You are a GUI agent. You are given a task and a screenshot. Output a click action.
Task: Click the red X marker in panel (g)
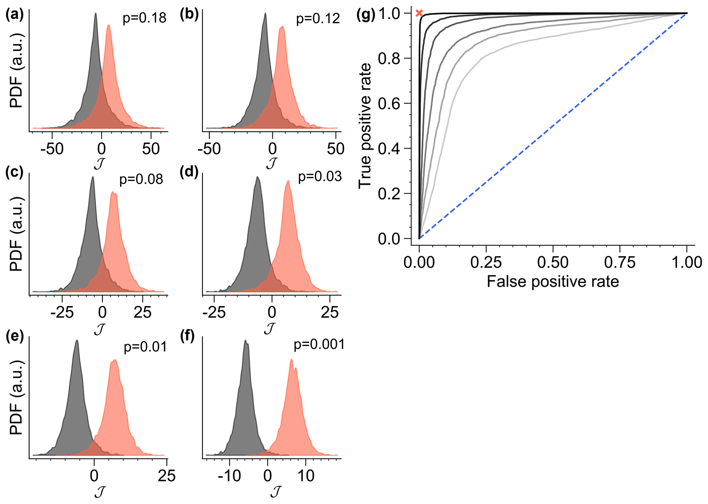[419, 13]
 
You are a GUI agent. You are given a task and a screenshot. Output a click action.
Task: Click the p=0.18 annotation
[145, 18]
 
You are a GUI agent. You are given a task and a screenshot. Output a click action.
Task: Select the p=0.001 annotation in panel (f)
[319, 344]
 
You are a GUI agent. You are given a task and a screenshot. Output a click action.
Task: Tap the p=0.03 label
[320, 177]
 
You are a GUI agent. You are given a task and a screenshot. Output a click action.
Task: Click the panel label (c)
[14, 172]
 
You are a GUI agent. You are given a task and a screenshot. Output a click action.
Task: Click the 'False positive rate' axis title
[552, 282]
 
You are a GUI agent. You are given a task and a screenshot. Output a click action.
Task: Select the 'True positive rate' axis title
[365, 125]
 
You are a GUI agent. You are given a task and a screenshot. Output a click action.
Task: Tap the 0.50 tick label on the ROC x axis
[552, 263]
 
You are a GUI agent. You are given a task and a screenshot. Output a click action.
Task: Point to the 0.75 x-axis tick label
[620, 263]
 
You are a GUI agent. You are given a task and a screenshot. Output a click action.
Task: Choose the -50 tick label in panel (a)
[52, 149]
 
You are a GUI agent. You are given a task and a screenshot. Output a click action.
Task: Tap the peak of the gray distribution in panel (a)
[96, 14]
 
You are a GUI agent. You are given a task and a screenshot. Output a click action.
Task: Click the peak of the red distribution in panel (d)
[288, 181]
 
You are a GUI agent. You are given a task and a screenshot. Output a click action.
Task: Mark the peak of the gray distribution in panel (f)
[246, 340]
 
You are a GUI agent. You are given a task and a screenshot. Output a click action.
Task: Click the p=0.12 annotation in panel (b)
[318, 18]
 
